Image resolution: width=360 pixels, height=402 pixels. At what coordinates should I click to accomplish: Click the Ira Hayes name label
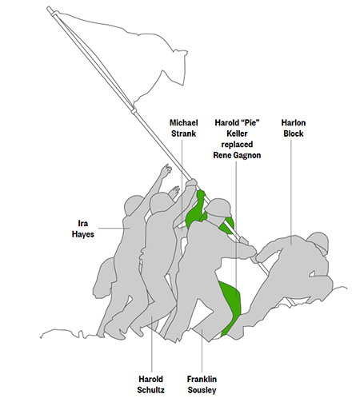(83, 229)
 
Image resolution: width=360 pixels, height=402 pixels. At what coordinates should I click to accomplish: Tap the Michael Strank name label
(184, 128)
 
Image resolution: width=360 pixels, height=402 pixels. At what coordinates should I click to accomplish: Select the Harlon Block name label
(294, 128)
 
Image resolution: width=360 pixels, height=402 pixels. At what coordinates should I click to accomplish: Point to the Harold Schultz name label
(151, 384)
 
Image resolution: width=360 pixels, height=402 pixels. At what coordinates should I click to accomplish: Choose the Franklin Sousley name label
(202, 384)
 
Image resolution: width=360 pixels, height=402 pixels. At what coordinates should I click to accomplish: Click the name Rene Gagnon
(237, 155)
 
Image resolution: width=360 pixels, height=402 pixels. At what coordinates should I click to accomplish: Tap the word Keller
(237, 133)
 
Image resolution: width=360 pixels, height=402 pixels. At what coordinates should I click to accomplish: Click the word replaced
(237, 145)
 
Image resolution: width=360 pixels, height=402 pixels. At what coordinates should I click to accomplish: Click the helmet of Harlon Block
(318, 242)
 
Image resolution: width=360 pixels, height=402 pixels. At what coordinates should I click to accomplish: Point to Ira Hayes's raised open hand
(166, 169)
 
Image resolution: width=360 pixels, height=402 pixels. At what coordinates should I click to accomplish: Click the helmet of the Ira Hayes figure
(134, 205)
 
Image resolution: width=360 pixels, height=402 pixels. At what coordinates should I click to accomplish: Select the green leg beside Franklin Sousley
(231, 306)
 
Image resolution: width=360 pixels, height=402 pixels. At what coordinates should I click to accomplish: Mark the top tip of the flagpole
(49, 8)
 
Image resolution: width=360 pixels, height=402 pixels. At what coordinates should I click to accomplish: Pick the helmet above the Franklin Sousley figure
(218, 207)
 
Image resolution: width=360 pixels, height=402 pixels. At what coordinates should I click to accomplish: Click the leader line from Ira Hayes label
(114, 229)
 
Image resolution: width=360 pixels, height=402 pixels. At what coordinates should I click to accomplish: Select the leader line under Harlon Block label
(291, 192)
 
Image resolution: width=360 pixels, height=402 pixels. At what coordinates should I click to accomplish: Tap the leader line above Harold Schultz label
(152, 344)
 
